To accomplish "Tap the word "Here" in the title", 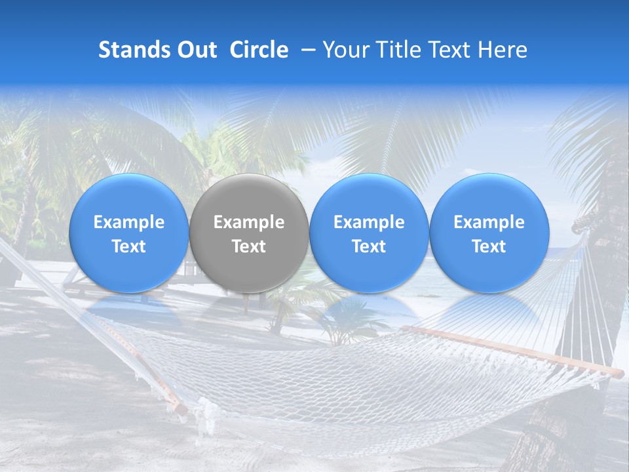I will coord(503,50).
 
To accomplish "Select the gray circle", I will coord(249,233).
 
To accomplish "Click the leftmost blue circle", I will coord(129,233).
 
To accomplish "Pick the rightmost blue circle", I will coord(489,233).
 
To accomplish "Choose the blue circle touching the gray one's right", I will coord(369,233).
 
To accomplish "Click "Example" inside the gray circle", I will coord(249,222).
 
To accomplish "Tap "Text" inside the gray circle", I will coord(249,246).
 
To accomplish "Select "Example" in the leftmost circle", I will coord(129,222).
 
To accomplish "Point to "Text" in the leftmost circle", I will coord(129,246).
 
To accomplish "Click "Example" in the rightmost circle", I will coord(489,222).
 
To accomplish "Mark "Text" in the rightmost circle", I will coord(489,246).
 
